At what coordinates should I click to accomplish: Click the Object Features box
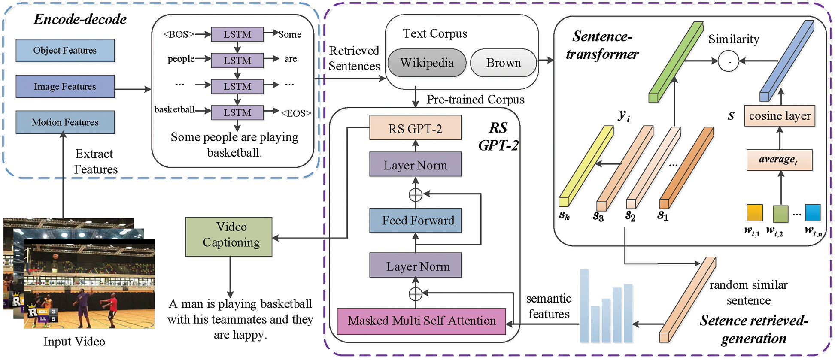pos(65,51)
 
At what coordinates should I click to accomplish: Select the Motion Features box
pos(65,122)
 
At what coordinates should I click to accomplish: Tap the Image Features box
pos(65,86)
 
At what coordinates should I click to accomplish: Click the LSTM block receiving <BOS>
pos(237,34)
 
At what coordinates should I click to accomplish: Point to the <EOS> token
pos(296,113)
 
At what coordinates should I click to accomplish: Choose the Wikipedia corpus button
pos(427,63)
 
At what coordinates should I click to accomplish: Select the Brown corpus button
pos(503,63)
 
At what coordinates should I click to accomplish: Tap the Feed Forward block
pos(415,221)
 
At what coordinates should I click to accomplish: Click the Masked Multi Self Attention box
pos(421,321)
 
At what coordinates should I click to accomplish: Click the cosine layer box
pos(779,116)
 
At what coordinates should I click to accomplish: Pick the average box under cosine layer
pos(779,160)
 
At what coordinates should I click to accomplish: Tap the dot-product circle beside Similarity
pos(728,61)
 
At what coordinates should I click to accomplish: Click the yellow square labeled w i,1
pos(754,213)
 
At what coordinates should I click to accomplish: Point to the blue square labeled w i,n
pos(812,212)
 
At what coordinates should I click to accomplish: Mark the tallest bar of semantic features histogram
pos(584,306)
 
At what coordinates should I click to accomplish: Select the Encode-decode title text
pos(80,19)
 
